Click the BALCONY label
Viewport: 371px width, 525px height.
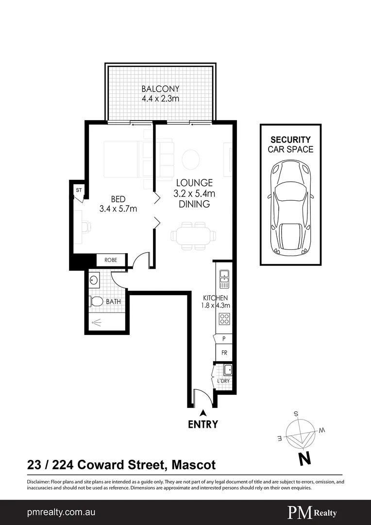(x=160, y=89)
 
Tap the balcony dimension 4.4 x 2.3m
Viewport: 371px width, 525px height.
(x=160, y=99)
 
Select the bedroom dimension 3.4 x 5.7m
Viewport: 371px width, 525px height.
(x=118, y=209)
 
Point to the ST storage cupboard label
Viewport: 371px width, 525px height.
(x=78, y=189)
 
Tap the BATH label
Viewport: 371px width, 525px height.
(x=113, y=302)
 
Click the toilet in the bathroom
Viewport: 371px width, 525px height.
(x=96, y=302)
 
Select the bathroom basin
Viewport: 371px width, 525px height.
(x=94, y=280)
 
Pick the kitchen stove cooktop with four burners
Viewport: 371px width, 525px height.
(x=225, y=319)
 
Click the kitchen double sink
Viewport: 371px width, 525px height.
(x=224, y=277)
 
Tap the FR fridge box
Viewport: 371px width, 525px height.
(x=224, y=353)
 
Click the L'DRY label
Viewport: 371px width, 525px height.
(x=223, y=381)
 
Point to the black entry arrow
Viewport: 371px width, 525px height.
(x=203, y=412)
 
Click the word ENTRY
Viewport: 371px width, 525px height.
(x=203, y=424)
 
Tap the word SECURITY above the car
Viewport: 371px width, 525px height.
(x=290, y=140)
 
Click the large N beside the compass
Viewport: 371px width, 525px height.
(x=304, y=457)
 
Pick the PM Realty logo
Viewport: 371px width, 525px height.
(x=312, y=512)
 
